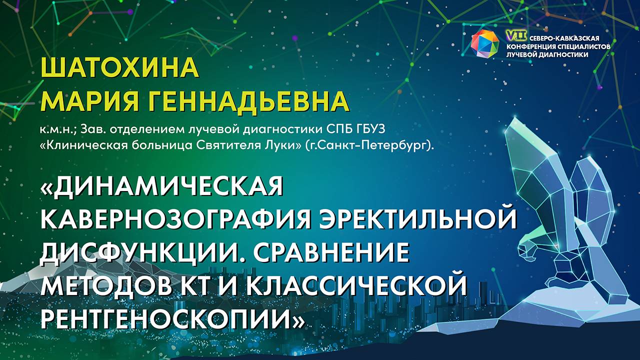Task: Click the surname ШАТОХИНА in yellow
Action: pyautogui.click(x=119, y=69)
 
